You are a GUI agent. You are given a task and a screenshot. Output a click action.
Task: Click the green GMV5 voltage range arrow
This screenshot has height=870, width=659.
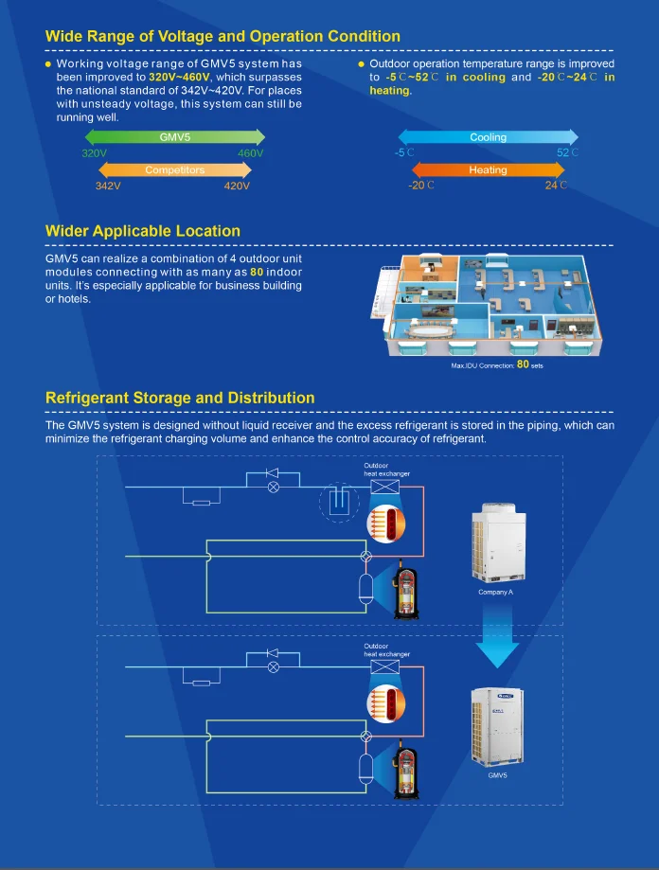click(x=174, y=137)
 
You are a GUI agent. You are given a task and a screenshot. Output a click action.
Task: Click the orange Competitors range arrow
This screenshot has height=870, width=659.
click(x=174, y=170)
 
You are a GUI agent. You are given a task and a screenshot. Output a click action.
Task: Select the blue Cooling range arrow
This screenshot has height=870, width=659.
click(x=488, y=137)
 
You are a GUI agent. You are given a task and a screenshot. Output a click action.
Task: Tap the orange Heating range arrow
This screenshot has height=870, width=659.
click(x=488, y=170)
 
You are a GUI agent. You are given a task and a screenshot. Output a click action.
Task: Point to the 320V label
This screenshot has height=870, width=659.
click(x=95, y=153)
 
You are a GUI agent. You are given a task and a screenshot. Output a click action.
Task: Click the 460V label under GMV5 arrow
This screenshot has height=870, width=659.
click(x=250, y=153)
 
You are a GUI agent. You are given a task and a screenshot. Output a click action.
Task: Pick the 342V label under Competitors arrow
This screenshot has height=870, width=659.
click(x=108, y=186)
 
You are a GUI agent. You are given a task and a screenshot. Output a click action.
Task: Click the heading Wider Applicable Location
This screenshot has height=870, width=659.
click(x=143, y=231)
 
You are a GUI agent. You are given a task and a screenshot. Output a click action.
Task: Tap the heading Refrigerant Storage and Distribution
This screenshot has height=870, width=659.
click(x=180, y=398)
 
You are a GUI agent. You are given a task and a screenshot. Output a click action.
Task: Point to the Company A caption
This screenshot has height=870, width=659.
click(x=496, y=593)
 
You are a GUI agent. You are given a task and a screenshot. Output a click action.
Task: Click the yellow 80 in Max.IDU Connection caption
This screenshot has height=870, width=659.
click(x=523, y=363)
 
